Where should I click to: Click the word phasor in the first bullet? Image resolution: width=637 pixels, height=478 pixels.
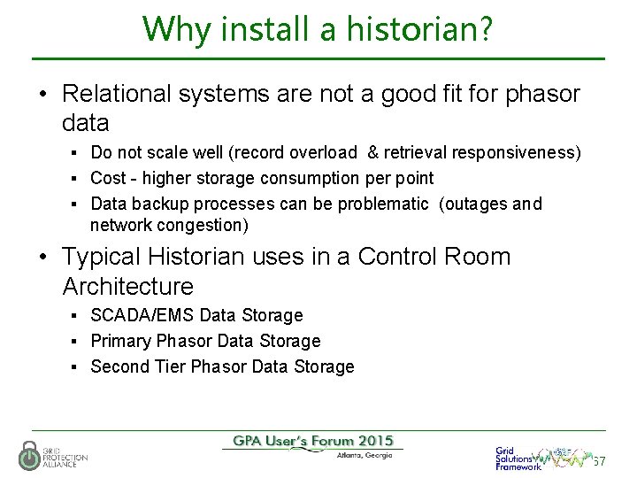543,93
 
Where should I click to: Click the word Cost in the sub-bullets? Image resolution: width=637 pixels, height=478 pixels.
108,179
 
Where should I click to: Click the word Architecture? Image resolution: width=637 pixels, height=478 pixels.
127,287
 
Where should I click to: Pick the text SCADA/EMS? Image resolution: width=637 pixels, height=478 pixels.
143,315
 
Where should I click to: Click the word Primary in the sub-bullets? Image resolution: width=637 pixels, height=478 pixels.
121,341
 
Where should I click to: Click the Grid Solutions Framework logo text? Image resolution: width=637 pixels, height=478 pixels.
518,458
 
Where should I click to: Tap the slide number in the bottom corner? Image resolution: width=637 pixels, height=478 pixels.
599,461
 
